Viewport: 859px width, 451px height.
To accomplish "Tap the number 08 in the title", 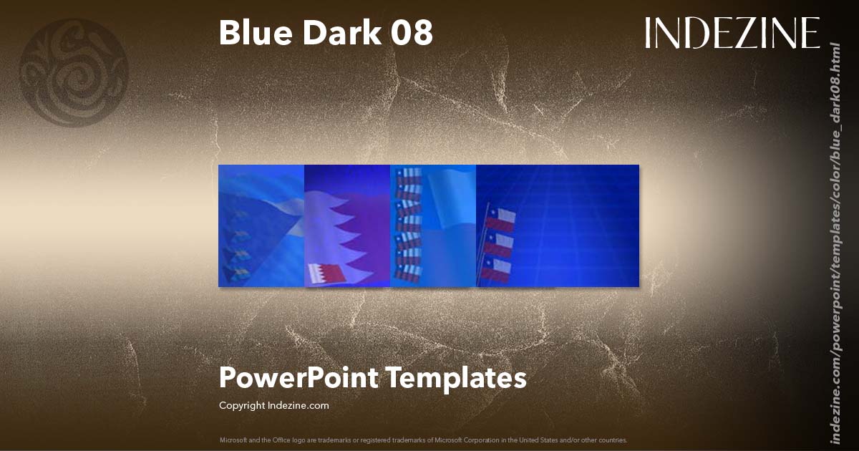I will coord(412,33).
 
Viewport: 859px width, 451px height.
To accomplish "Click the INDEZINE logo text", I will coord(732,33).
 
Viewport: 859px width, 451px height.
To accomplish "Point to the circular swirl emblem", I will coord(74,72).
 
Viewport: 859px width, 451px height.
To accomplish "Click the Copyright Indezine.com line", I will coord(273,405).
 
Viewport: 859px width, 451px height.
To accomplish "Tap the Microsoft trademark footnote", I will coord(423,440).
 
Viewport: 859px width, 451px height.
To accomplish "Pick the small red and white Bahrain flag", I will coord(326,273).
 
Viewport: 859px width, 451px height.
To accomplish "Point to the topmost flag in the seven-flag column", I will coord(408,175).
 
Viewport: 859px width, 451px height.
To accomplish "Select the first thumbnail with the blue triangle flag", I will coord(261,225).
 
